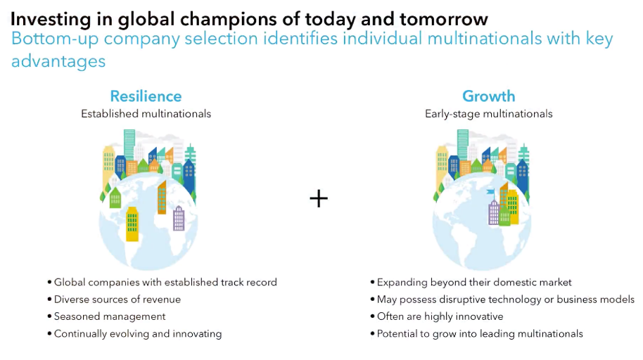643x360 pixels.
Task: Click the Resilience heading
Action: click(146, 96)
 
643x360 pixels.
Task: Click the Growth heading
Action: click(488, 96)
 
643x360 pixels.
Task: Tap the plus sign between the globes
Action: click(319, 199)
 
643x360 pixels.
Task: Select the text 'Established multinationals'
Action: click(146, 114)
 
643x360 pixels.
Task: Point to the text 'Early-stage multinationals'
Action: click(488, 114)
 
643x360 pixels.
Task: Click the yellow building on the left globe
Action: click(132, 224)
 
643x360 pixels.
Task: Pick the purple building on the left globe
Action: click(179, 218)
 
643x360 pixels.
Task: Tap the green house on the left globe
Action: click(115, 198)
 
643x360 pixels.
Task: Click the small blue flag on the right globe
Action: click(490, 192)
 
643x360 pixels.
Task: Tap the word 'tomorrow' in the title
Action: click(444, 19)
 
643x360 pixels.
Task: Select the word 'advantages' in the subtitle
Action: click(58, 61)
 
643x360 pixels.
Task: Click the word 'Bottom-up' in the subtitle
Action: click(55, 39)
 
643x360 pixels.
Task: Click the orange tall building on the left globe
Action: click(162, 197)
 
